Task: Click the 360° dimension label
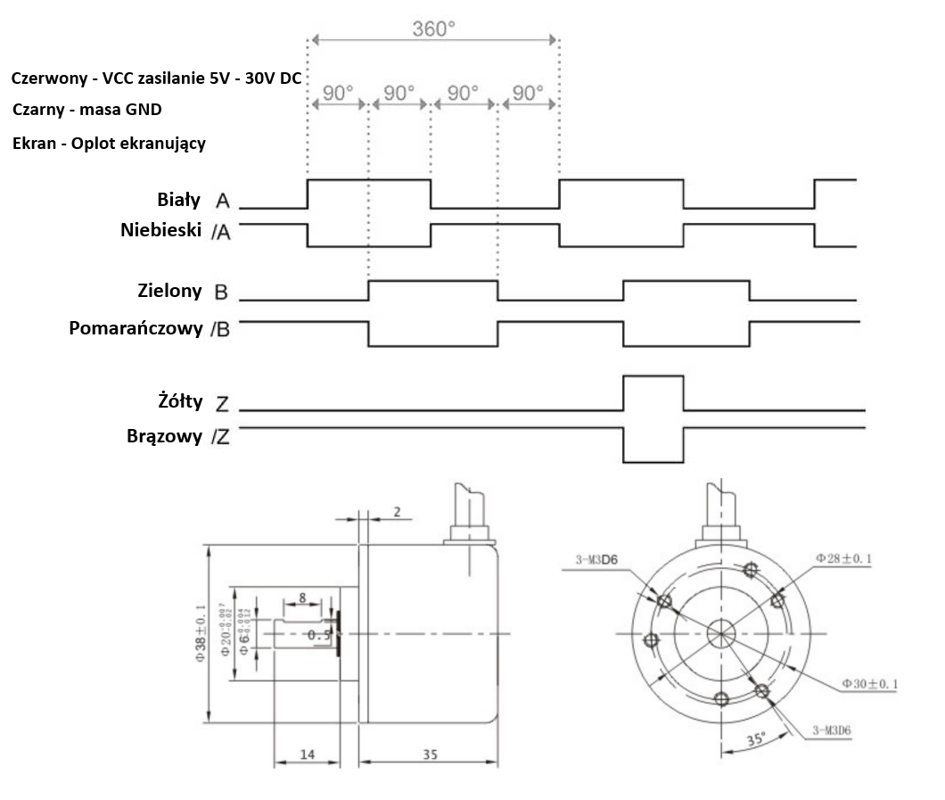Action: [434, 28]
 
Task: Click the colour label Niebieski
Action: [161, 230]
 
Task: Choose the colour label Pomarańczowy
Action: [136, 327]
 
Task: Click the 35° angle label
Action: [755, 739]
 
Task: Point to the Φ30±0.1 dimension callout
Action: [868, 683]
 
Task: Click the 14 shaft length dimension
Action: [307, 755]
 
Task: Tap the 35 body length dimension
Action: [430, 755]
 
